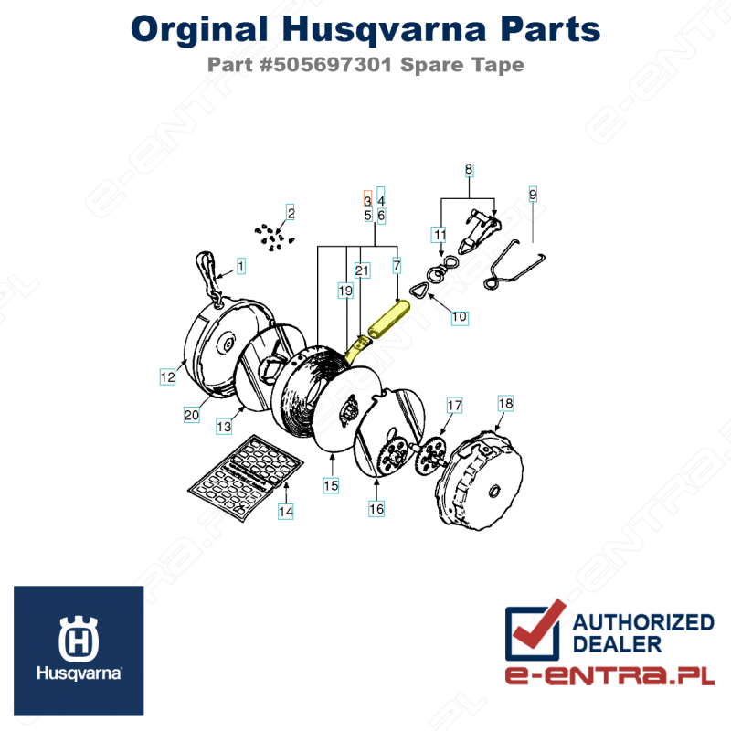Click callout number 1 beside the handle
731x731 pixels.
[x=241, y=266]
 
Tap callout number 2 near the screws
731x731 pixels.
[x=291, y=214]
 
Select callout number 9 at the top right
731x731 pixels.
[x=532, y=194]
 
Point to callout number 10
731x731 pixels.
[x=459, y=316]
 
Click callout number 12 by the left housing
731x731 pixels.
[x=167, y=376]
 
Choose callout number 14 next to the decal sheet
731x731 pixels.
[x=286, y=513]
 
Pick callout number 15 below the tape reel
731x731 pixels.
[x=331, y=487]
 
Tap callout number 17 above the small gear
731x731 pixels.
[x=454, y=404]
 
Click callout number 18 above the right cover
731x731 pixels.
[x=505, y=404]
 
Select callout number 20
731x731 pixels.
[x=191, y=415]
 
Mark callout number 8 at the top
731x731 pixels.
[x=469, y=170]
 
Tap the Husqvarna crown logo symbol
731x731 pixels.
[x=78, y=639]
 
